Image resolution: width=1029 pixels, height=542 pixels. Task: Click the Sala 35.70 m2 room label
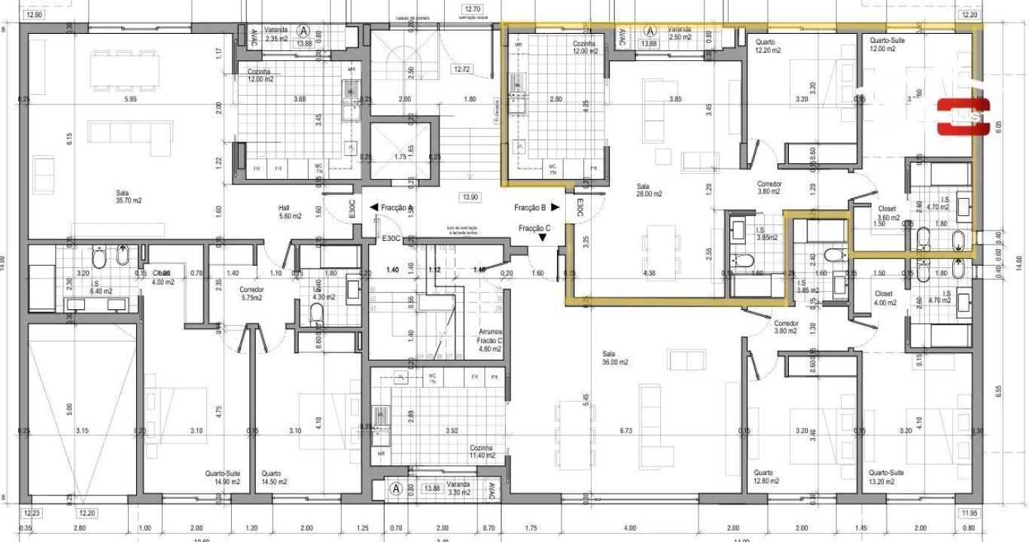click(129, 196)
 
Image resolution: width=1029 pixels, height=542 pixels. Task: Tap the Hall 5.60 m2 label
click(290, 212)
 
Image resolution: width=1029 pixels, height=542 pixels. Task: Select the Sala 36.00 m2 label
click(614, 358)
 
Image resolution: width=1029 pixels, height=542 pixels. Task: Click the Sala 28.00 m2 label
click(649, 190)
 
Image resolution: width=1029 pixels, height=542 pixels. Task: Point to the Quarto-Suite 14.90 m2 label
click(223, 477)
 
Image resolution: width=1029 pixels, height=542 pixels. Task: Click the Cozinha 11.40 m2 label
click(482, 452)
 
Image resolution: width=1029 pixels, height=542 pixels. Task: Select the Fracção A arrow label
click(391, 208)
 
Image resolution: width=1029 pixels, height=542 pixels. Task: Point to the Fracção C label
click(534, 228)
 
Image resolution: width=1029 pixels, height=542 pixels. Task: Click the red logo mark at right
click(963, 117)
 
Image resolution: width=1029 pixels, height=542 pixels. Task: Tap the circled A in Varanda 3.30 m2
click(396, 488)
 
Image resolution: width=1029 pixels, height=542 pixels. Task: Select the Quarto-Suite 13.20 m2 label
click(887, 477)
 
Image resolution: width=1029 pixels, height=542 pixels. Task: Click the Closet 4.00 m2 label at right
click(885, 298)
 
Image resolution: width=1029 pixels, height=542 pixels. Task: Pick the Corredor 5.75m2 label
click(251, 294)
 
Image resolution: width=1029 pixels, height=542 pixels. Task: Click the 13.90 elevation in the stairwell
click(470, 197)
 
